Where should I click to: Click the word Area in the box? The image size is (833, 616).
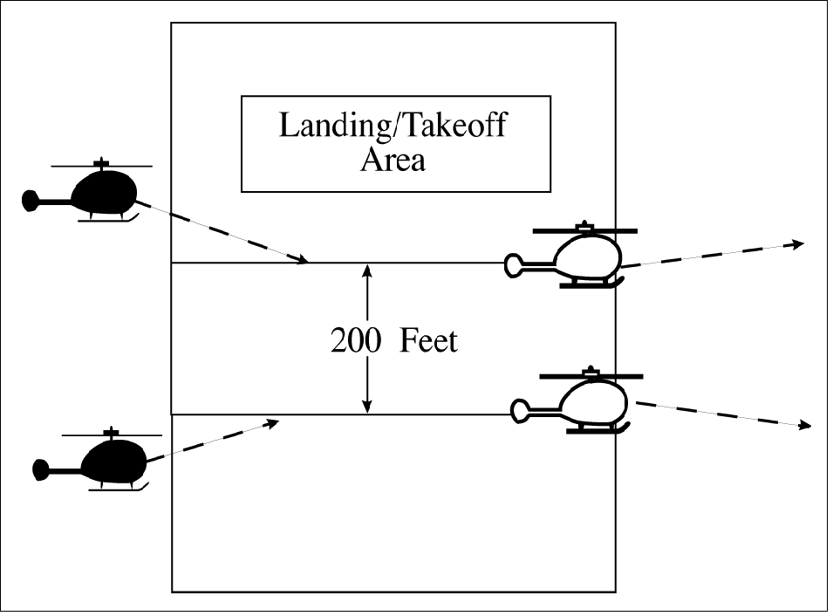click(393, 161)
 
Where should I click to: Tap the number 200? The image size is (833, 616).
click(355, 341)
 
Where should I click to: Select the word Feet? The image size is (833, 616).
click(428, 341)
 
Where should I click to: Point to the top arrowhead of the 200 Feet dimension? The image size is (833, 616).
click(368, 270)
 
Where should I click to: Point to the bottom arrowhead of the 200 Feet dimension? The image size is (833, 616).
click(368, 407)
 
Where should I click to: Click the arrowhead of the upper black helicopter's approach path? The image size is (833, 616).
click(302, 259)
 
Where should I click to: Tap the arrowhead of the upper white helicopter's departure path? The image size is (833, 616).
click(798, 244)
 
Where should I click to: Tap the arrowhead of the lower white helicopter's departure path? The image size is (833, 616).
click(806, 425)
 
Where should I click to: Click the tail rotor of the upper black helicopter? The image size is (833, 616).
click(31, 201)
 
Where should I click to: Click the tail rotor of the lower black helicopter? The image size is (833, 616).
click(40, 469)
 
